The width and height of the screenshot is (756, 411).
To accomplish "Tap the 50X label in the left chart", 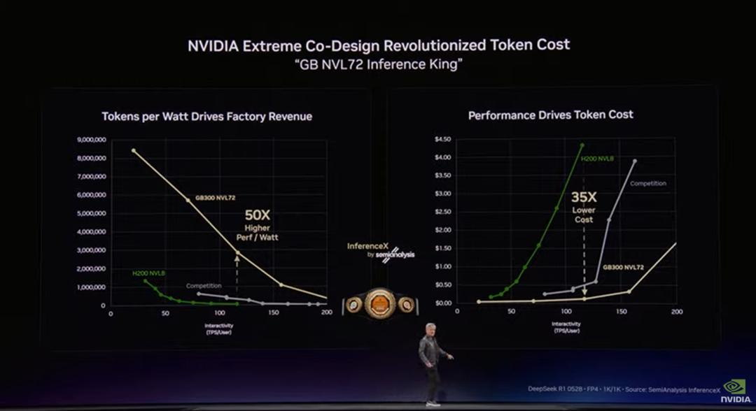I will pyautogui.click(x=257, y=216).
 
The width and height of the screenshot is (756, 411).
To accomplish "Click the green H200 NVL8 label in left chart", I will pyautogui.click(x=144, y=273).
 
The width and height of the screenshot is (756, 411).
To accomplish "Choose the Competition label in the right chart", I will pyautogui.click(x=648, y=183).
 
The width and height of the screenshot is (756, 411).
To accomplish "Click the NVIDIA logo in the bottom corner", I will pyautogui.click(x=734, y=391).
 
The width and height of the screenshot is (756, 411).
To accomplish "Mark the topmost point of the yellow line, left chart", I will pyautogui.click(x=134, y=150).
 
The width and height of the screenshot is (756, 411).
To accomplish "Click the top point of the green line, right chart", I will pyautogui.click(x=582, y=145).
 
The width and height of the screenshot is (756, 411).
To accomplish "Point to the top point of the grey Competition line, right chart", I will pyautogui.click(x=635, y=161).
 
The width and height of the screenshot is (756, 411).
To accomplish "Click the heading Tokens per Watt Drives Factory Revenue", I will pyautogui.click(x=206, y=117).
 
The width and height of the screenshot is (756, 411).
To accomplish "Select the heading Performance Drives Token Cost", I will pyautogui.click(x=550, y=115).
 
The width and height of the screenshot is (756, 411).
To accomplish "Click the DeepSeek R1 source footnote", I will pyautogui.click(x=624, y=389).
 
